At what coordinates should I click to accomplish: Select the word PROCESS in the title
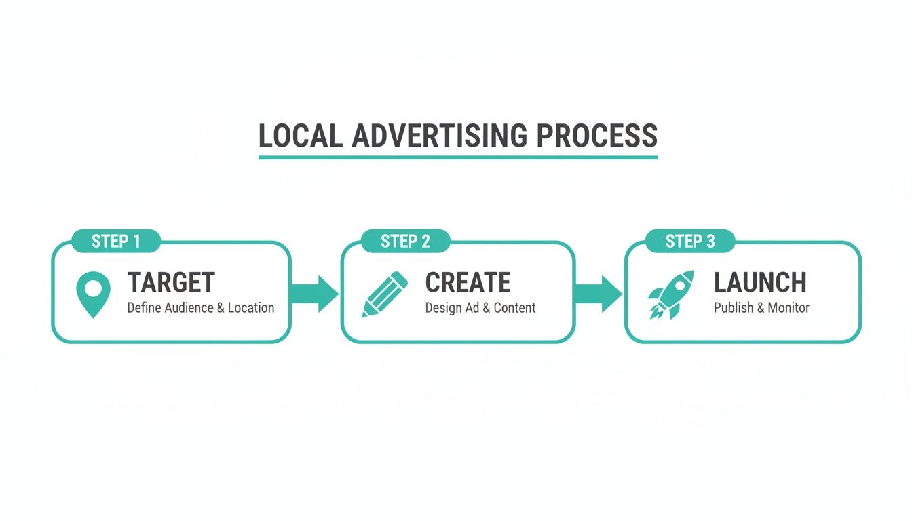(596, 136)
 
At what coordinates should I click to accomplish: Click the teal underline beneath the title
(458, 157)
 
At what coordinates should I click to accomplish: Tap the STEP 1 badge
(116, 241)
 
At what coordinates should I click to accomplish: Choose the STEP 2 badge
(405, 241)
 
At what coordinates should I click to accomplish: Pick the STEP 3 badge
(689, 241)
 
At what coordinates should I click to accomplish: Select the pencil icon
(385, 294)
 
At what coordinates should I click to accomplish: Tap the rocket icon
(670, 294)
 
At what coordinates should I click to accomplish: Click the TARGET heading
(171, 282)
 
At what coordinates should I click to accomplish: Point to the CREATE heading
(468, 282)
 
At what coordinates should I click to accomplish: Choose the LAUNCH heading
(760, 282)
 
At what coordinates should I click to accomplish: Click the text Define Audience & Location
(201, 308)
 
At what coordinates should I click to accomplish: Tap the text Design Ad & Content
(480, 308)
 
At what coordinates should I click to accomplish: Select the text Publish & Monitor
(761, 308)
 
